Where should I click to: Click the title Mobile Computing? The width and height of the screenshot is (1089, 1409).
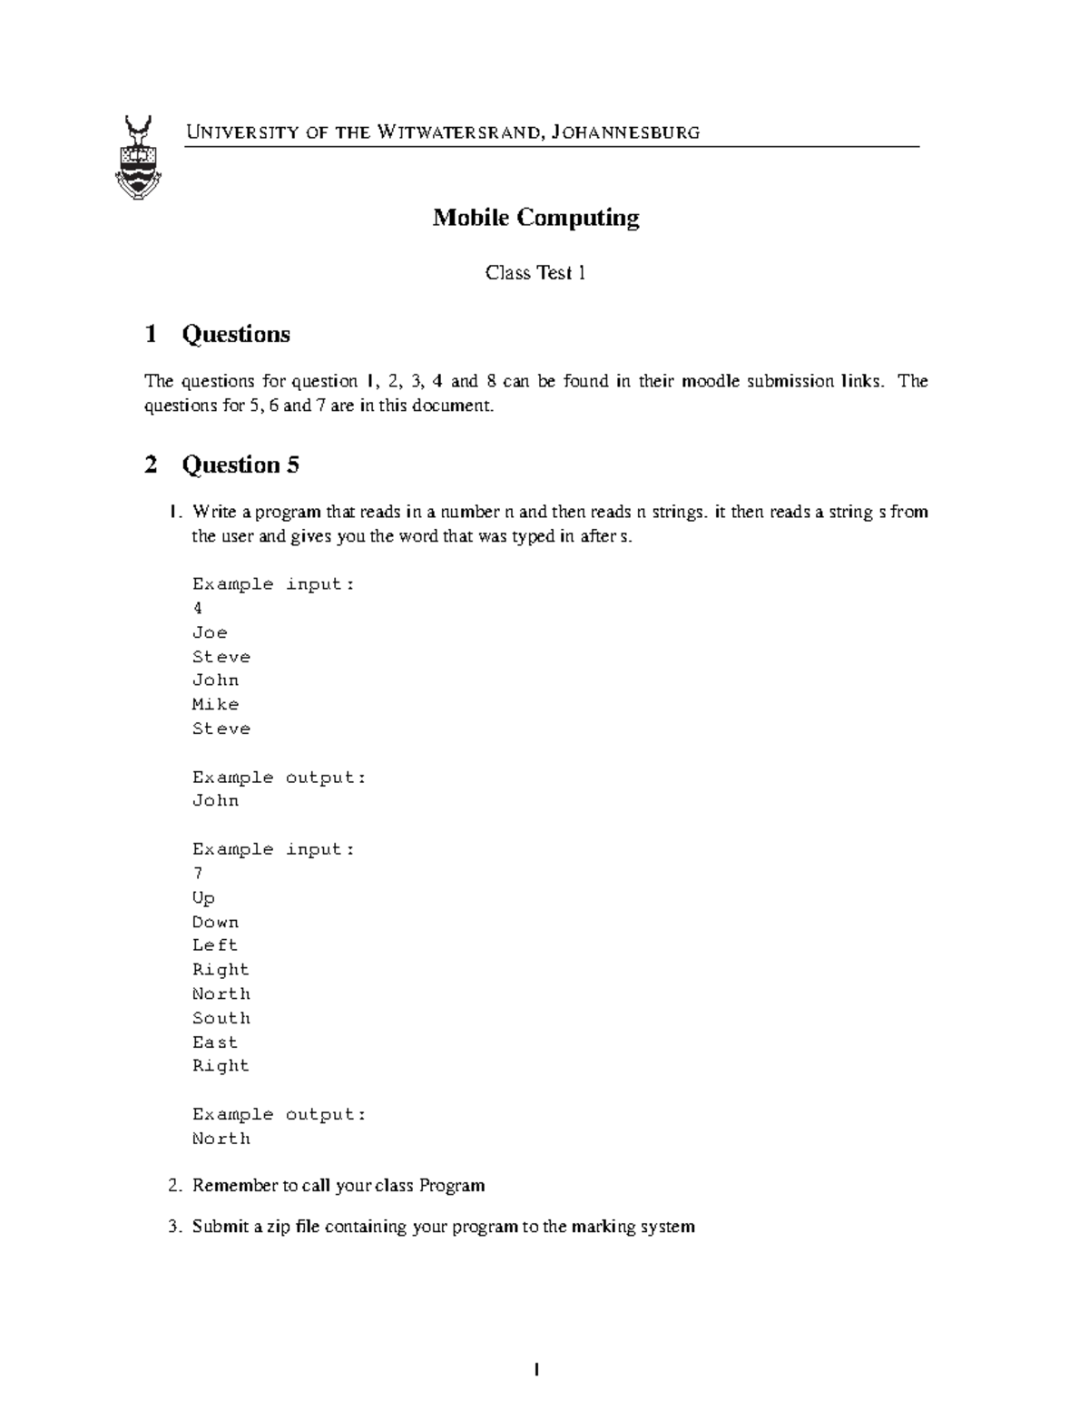point(535,218)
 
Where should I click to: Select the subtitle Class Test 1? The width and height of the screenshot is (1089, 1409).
point(535,272)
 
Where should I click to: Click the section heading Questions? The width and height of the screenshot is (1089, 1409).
point(236,334)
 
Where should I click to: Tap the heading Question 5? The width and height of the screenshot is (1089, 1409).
point(240,465)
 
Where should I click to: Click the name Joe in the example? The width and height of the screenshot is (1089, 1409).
point(210,632)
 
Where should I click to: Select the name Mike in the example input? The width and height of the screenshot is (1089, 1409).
point(215,704)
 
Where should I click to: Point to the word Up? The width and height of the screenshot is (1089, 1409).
point(203,898)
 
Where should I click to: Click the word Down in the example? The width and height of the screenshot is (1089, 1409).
point(215,922)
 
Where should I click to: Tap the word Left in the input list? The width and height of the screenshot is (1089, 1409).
point(215,945)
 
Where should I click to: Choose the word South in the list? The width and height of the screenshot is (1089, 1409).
point(221,1018)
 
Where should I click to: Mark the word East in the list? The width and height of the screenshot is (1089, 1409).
point(215,1042)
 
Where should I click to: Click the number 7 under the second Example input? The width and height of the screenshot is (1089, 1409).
point(198,874)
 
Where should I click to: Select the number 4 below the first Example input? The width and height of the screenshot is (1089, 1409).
point(198,608)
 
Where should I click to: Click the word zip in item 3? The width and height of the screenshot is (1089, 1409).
point(280,1227)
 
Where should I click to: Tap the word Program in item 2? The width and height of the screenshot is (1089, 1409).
point(452,1186)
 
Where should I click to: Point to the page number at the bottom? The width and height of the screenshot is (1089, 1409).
point(536,1370)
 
